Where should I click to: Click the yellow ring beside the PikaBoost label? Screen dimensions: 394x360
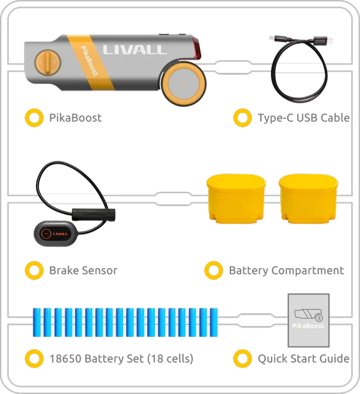pyautogui.click(x=34, y=117)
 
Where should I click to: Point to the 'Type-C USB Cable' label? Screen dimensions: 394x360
pyautogui.click(x=303, y=117)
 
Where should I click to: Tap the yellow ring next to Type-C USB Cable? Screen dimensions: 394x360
pyautogui.click(x=242, y=117)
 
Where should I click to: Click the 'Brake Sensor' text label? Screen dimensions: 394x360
pyautogui.click(x=83, y=270)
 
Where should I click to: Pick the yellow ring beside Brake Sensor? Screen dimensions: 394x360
pyautogui.click(x=34, y=270)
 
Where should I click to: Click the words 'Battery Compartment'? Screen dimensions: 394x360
pyautogui.click(x=286, y=270)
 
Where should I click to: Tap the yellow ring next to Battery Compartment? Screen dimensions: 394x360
pyautogui.click(x=213, y=270)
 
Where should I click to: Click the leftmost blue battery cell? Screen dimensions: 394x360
pyautogui.click(x=38, y=322)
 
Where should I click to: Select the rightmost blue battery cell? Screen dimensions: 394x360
pyautogui.click(x=214, y=322)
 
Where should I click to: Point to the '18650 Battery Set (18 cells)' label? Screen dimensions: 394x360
pyautogui.click(x=122, y=359)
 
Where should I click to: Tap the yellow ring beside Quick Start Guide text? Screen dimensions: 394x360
pyautogui.click(x=242, y=358)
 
